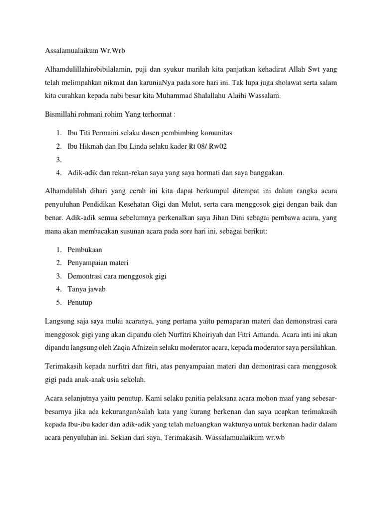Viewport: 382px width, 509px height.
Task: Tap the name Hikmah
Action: (90, 146)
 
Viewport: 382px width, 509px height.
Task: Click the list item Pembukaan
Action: (85, 250)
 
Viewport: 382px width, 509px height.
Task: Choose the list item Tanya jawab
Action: (87, 289)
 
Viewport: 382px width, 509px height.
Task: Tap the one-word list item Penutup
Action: (81, 302)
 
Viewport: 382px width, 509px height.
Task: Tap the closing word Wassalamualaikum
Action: (246, 438)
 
